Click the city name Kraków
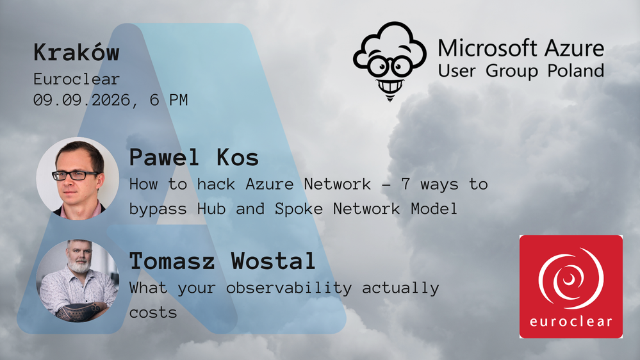[x=76, y=53]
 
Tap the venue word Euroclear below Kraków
[x=76, y=79]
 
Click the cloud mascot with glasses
[x=390, y=60]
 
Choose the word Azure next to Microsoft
[x=574, y=48]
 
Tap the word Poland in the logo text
[x=575, y=70]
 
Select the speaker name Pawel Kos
[x=194, y=158]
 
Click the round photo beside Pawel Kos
[x=78, y=178]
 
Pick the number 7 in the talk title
[x=406, y=184]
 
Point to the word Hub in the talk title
[x=211, y=209]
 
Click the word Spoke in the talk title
[x=299, y=209]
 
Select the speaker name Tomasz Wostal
[x=222, y=261]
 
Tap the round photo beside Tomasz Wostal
[x=78, y=281]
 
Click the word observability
[x=288, y=288]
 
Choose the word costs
[x=153, y=313]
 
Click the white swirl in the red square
[x=571, y=279]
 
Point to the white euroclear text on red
[x=571, y=321]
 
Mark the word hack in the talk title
[x=216, y=184]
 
